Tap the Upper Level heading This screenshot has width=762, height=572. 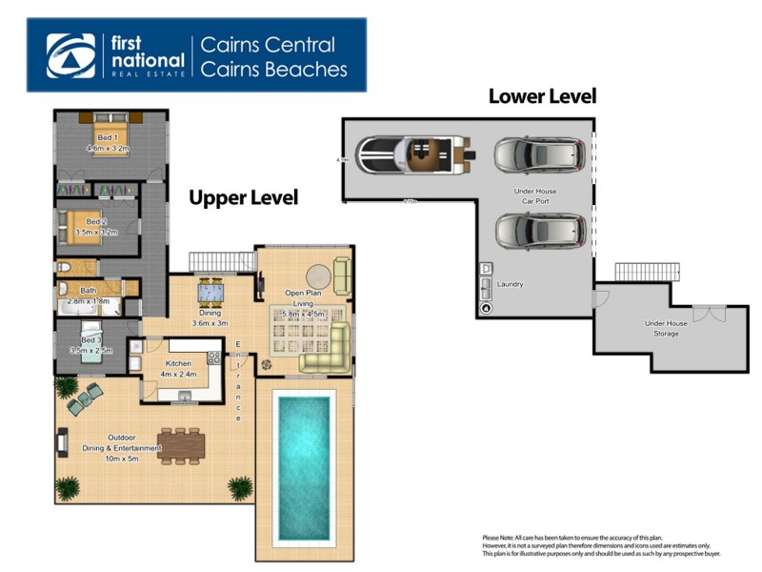pyautogui.click(x=243, y=197)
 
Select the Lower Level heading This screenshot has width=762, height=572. pyautogui.click(x=542, y=96)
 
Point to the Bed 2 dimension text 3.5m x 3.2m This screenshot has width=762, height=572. pyautogui.click(x=95, y=232)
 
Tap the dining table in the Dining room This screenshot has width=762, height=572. pyautogui.click(x=211, y=293)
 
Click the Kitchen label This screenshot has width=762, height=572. pyautogui.click(x=179, y=363)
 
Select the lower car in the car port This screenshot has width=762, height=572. pyautogui.click(x=539, y=231)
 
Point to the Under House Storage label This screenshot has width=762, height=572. pyautogui.click(x=666, y=328)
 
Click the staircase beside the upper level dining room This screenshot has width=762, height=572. pyautogui.click(x=221, y=260)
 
